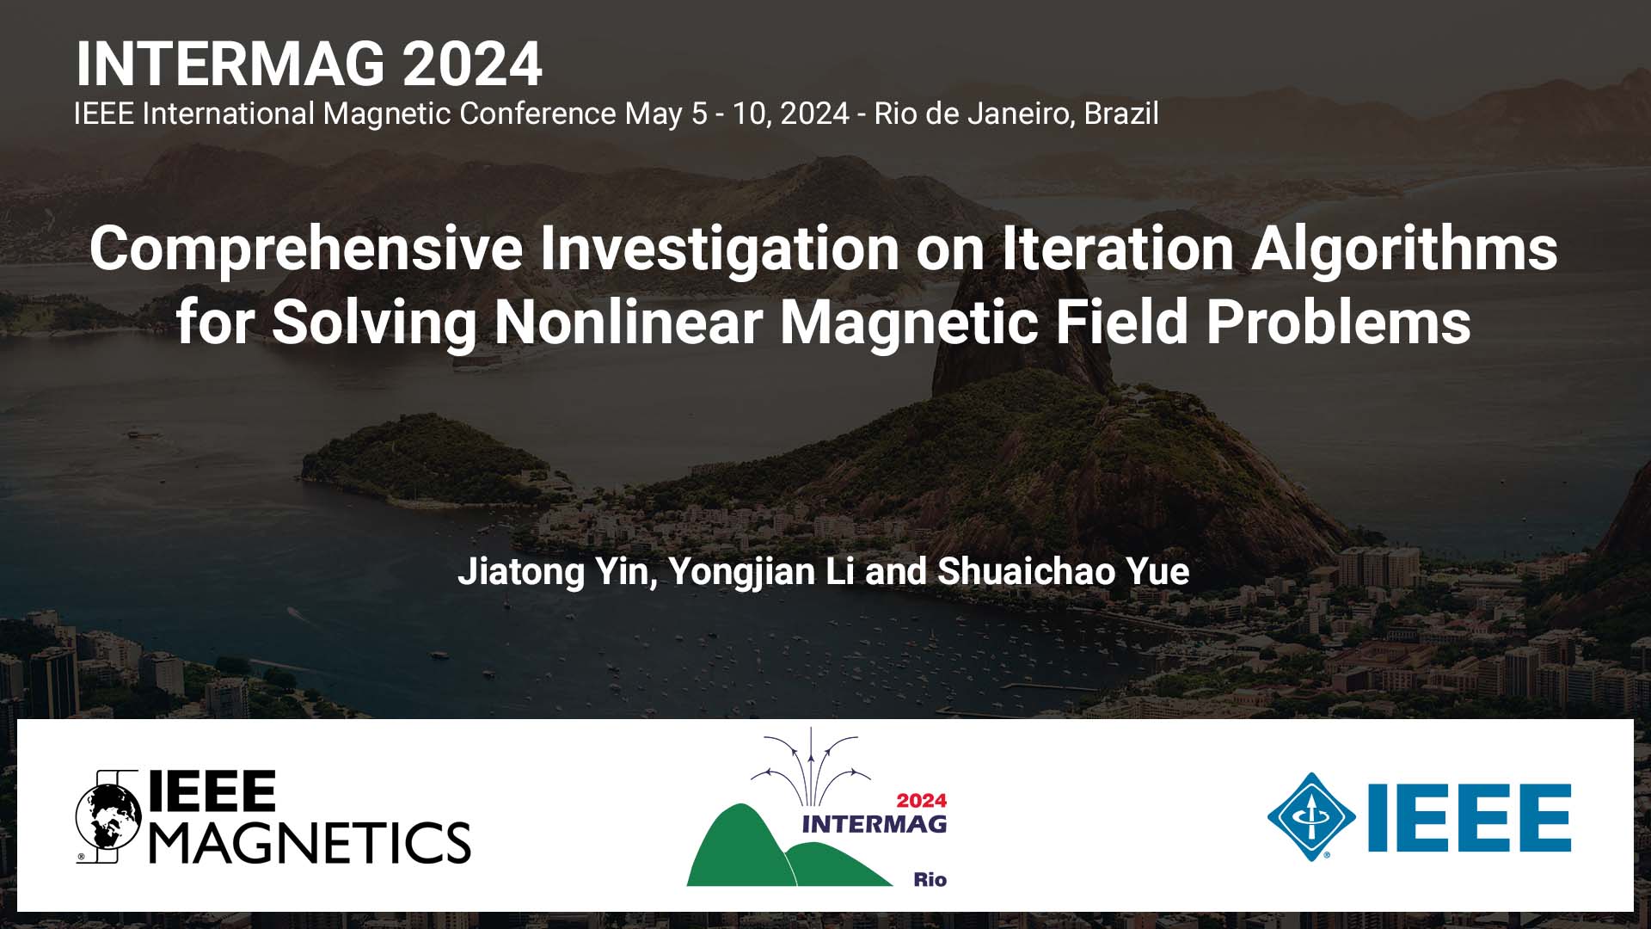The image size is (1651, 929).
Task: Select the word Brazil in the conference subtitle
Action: click(x=1121, y=114)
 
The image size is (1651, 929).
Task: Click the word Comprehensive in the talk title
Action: click(x=306, y=249)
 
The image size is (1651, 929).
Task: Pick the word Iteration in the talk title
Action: click(x=1119, y=248)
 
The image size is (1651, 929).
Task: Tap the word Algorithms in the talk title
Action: click(x=1404, y=249)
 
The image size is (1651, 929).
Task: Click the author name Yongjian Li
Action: click(x=762, y=572)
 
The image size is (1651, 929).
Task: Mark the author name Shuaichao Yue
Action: click(x=1064, y=572)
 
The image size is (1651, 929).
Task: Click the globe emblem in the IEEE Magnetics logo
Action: click(x=108, y=816)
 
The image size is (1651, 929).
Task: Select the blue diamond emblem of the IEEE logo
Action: click(x=1311, y=817)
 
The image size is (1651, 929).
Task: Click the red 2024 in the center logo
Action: click(x=921, y=801)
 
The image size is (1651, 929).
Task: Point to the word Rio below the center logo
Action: click(x=930, y=879)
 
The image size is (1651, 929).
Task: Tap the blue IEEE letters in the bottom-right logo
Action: click(x=1470, y=817)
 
